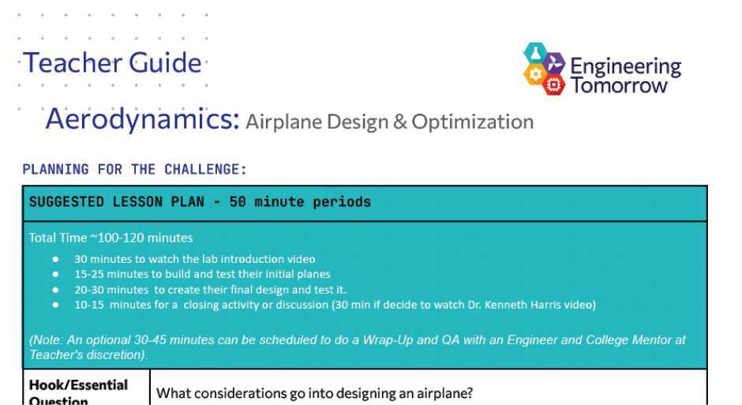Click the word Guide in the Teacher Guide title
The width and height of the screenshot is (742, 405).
click(x=165, y=63)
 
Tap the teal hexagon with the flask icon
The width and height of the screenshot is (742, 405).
click(x=535, y=53)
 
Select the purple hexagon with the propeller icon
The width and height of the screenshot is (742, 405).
click(x=553, y=63)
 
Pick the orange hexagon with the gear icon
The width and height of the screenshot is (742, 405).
click(x=535, y=73)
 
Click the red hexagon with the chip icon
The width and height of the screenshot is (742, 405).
click(x=553, y=84)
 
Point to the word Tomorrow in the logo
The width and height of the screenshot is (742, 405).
click(x=619, y=85)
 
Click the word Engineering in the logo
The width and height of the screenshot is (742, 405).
click(x=626, y=67)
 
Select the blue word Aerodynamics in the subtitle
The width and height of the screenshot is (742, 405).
click(x=142, y=118)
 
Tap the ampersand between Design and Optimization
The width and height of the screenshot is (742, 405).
click(x=399, y=122)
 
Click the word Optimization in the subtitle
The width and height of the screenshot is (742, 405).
click(x=472, y=122)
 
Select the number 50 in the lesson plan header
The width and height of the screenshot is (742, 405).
click(x=238, y=202)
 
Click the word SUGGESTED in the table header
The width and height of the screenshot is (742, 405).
click(x=66, y=202)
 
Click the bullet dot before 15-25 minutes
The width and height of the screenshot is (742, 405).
click(x=56, y=275)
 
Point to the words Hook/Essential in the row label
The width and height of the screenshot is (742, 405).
click(x=79, y=385)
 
